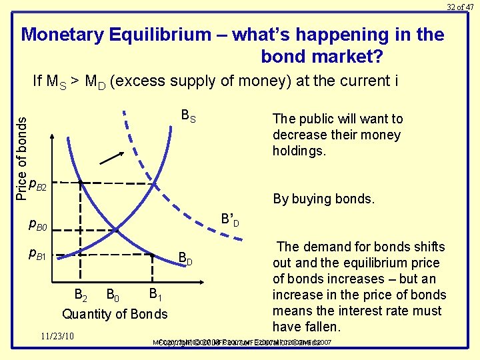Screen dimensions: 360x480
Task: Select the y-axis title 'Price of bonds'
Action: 21,157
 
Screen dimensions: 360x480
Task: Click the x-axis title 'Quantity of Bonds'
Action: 115,313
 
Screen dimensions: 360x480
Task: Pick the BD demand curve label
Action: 186,259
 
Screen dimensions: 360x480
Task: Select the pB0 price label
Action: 37,227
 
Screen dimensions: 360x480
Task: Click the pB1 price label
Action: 37,253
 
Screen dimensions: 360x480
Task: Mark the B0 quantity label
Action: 115,294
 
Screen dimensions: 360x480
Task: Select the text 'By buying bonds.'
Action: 324,199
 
